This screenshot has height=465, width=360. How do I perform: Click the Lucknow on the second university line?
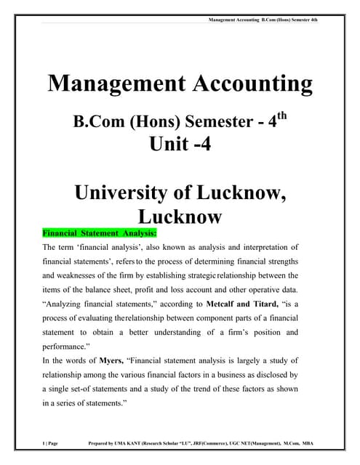pos(180,217)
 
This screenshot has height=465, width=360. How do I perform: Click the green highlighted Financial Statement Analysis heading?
pos(100,233)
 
